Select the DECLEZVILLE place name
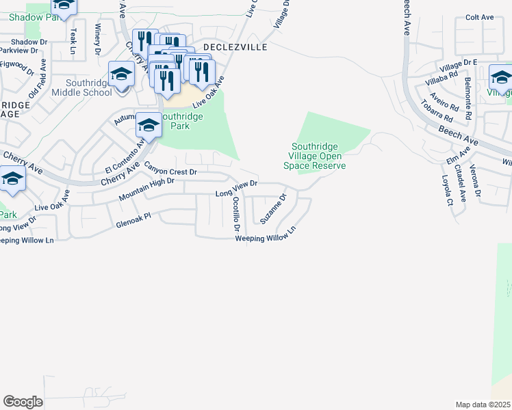228,46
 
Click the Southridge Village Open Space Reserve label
318,156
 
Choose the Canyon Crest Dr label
170,167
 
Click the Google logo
23,402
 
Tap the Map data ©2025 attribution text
483,405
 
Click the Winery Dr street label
98,39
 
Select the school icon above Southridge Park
149,124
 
